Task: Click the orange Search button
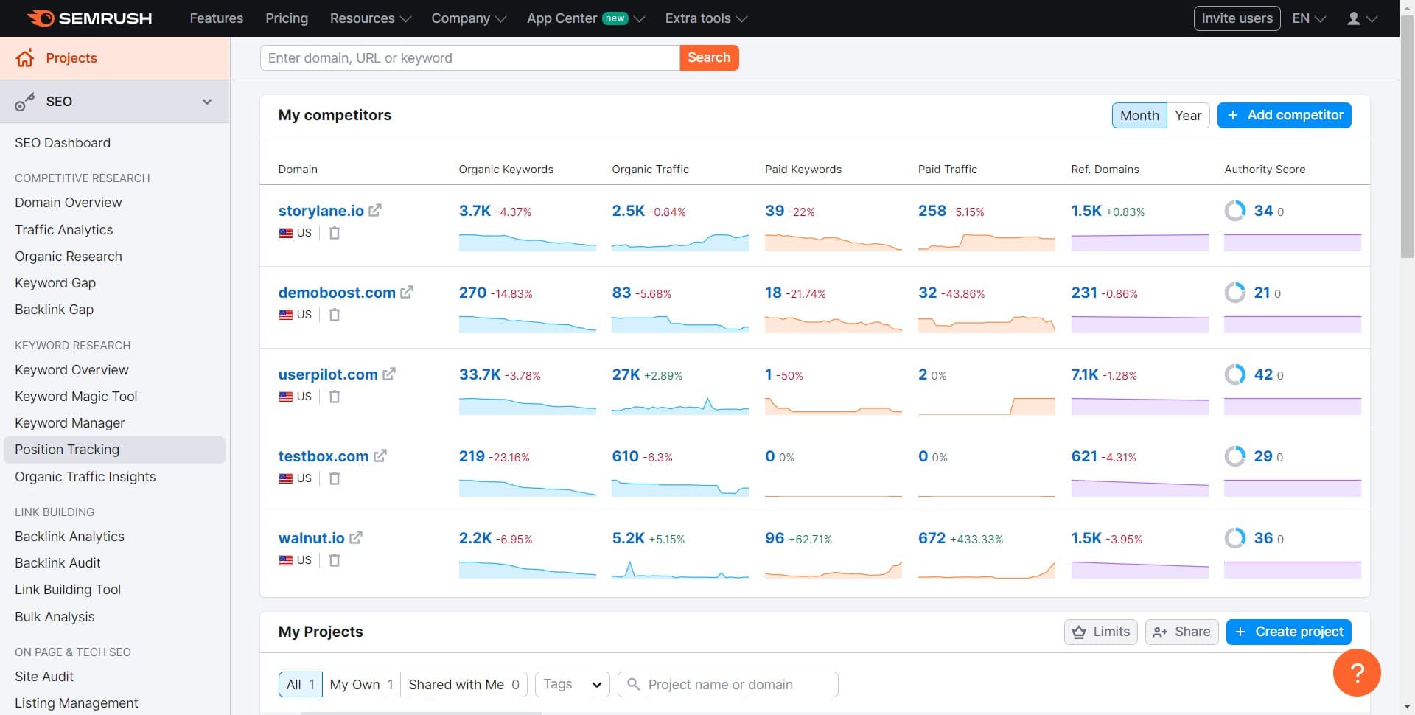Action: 708,57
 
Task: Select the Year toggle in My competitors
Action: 1187,115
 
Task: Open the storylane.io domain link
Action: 321,211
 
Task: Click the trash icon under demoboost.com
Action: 335,315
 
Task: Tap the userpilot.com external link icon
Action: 389,374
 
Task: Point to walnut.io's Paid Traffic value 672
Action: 932,538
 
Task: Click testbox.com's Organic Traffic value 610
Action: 625,456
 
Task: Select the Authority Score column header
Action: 1264,170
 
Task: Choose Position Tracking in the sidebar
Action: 67,450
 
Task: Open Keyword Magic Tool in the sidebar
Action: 76,397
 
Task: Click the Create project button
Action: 1288,632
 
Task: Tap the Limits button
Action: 1101,632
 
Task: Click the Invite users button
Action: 1237,18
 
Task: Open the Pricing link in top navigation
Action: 287,18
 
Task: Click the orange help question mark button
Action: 1357,672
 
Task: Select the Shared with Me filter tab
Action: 464,684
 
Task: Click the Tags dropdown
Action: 573,684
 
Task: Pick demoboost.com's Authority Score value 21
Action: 1262,293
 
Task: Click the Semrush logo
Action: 90,18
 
